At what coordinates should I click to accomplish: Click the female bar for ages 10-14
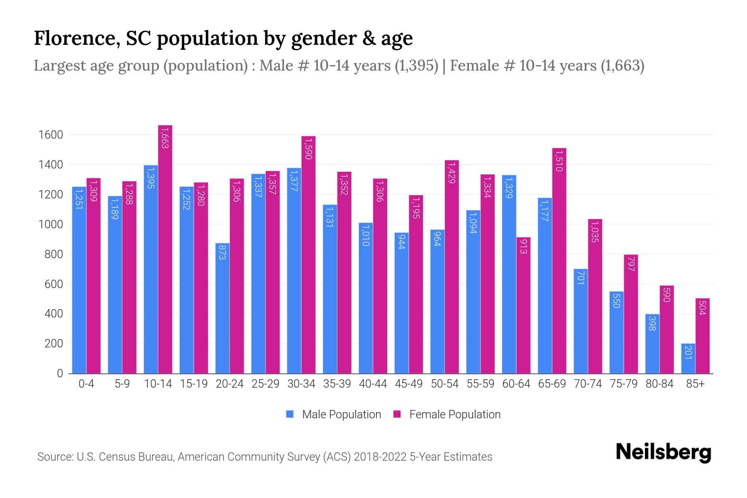click(x=165, y=249)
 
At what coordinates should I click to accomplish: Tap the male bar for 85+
click(x=688, y=359)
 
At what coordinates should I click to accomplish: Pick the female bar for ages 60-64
click(x=523, y=305)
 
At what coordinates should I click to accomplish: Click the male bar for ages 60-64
click(x=509, y=274)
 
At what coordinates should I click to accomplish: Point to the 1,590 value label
click(x=308, y=149)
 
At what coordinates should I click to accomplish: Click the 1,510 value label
click(x=559, y=161)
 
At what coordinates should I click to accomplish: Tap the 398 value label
click(x=652, y=323)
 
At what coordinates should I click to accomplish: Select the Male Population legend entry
click(x=334, y=415)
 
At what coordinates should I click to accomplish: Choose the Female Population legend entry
click(x=447, y=415)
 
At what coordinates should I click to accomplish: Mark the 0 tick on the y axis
click(x=60, y=373)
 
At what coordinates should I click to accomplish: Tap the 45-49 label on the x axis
click(x=409, y=384)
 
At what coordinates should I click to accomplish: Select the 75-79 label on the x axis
click(x=624, y=384)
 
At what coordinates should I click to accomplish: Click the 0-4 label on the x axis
click(x=86, y=384)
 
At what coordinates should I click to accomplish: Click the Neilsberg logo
click(x=663, y=452)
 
